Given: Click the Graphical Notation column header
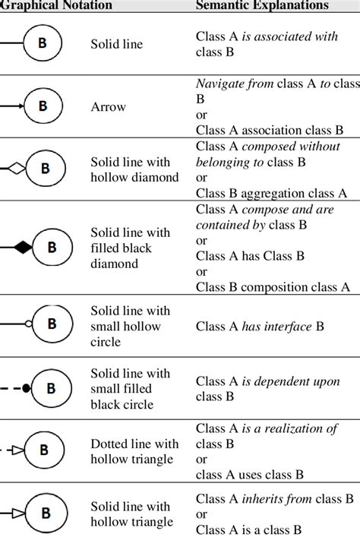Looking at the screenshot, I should (56, 5).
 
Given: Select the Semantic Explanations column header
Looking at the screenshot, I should (262, 5).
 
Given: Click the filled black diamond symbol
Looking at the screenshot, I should (22, 247).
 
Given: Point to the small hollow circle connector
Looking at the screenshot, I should (28, 324).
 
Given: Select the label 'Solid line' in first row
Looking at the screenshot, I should (116, 45).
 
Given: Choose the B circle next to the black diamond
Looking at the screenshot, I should (52, 247).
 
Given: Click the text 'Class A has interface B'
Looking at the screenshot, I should (260, 326).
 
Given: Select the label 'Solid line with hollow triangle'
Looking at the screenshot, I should (131, 514).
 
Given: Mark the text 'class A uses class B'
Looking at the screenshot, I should (249, 475).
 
